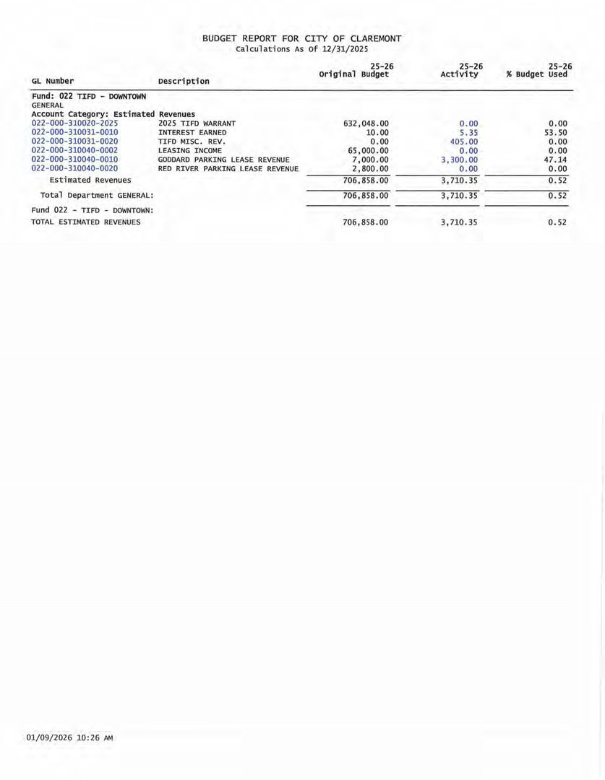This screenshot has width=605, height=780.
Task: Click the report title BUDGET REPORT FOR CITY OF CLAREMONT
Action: point(302,38)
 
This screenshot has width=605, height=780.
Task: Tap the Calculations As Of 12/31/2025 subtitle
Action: point(302,49)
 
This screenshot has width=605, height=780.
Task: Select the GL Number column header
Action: point(53,81)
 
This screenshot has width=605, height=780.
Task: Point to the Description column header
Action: point(184,81)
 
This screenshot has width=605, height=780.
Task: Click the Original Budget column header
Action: point(354,74)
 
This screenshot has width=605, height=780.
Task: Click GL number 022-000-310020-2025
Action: point(74,123)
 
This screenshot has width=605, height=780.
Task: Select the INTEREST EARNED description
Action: point(192,132)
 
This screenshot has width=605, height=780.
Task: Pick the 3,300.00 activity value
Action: point(459,160)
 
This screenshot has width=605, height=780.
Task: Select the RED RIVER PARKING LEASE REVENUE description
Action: point(228,168)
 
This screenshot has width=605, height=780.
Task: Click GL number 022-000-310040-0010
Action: point(74,160)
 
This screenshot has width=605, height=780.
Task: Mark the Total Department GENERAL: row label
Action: point(97,196)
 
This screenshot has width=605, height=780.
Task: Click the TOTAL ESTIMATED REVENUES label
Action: point(86,222)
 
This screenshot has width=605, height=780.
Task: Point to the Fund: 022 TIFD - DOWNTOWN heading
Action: point(89,96)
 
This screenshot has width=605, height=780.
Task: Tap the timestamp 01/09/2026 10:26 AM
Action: point(69,738)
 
